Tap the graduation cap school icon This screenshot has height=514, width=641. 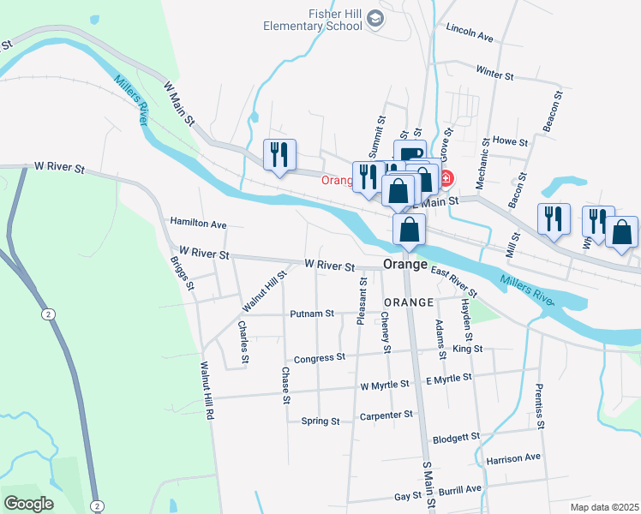pyautogui.click(x=375, y=19)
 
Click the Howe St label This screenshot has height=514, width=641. pyautogui.click(x=510, y=140)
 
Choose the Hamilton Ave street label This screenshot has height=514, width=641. pyautogui.click(x=198, y=224)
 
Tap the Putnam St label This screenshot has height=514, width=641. pyautogui.click(x=311, y=314)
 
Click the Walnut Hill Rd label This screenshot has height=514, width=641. pyautogui.click(x=206, y=391)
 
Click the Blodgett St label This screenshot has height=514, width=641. pyautogui.click(x=457, y=437)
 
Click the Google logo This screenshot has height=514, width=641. pyautogui.click(x=28, y=503)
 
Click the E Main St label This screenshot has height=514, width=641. pyautogui.click(x=436, y=200)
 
